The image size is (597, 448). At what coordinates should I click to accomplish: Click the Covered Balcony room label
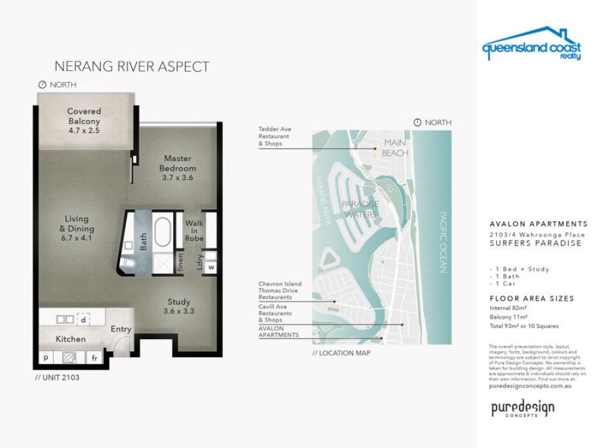[84, 120]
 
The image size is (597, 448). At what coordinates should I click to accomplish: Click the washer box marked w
[211, 267]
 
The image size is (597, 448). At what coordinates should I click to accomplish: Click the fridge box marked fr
[95, 358]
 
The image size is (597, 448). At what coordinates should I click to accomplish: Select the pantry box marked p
[46, 358]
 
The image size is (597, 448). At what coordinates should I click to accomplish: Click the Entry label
[122, 329]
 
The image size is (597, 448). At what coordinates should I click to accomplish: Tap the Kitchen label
[71, 339]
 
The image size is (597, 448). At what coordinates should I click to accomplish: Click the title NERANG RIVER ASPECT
[132, 67]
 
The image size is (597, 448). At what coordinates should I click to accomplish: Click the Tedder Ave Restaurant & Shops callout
[275, 136]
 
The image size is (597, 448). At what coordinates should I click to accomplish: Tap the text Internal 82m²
[507, 307]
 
